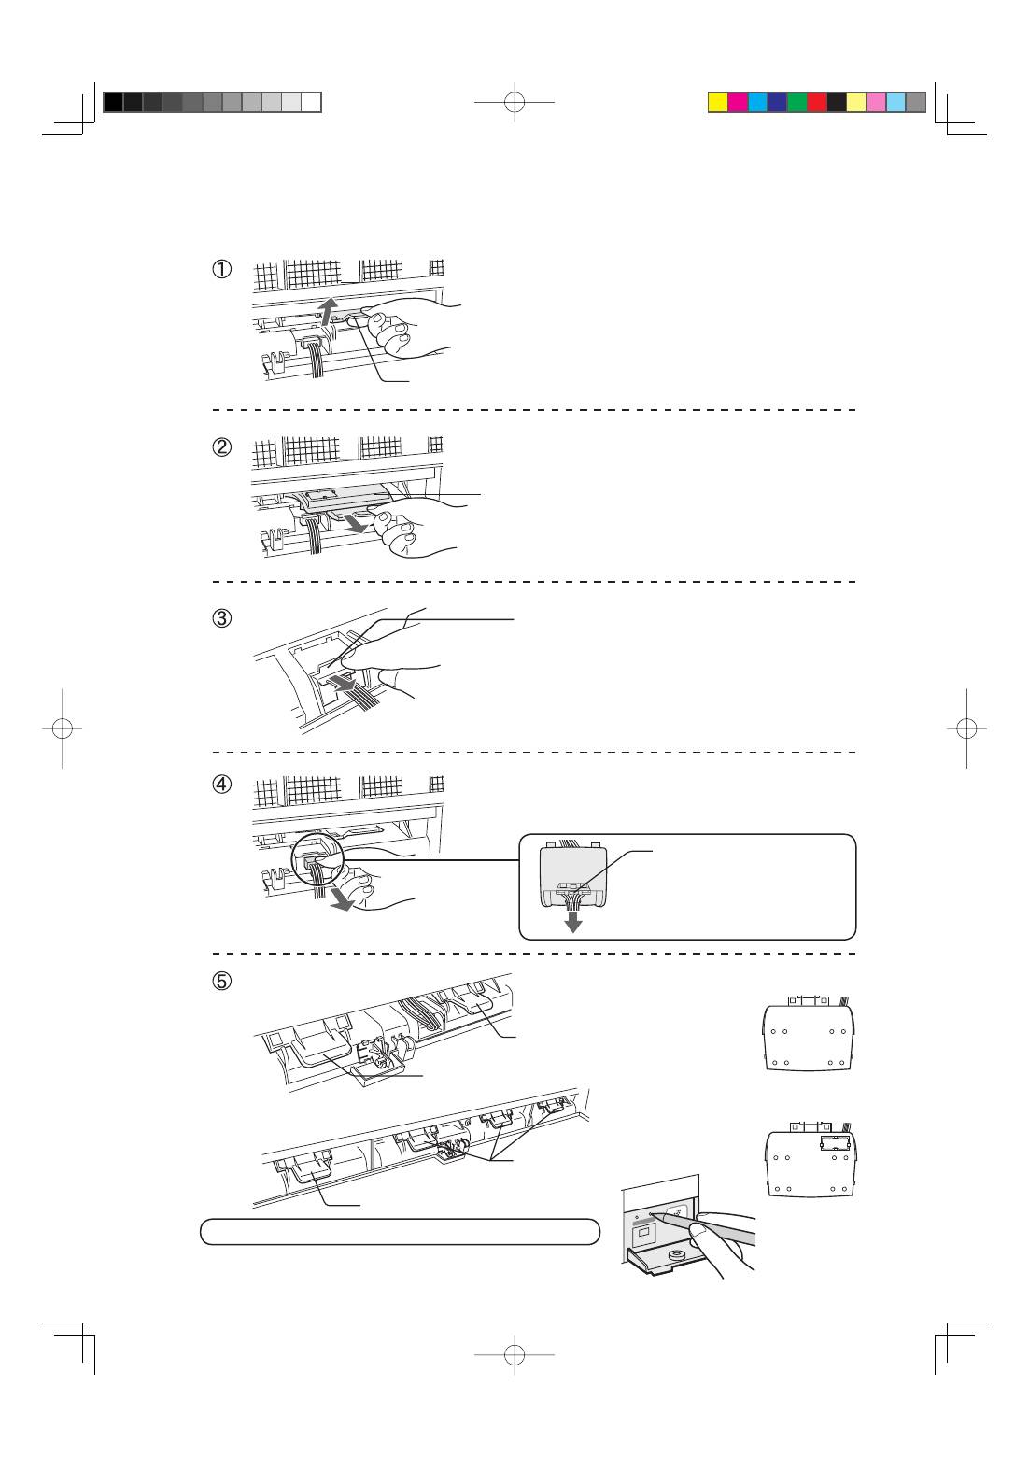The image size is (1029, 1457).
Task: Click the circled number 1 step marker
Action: [x=222, y=269]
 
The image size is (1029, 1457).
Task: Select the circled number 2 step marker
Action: [x=222, y=446]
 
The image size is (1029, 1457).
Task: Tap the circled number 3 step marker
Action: [x=222, y=618]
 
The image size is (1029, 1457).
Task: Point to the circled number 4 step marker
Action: [x=222, y=785]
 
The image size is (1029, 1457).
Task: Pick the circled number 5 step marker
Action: [x=222, y=981]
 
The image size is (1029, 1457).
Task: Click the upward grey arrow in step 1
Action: [x=330, y=312]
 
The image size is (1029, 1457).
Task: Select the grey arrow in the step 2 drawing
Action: [x=356, y=522]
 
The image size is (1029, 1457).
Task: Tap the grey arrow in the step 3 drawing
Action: [x=341, y=683]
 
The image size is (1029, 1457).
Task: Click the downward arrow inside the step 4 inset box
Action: [x=573, y=922]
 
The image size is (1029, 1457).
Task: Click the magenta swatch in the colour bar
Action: [x=738, y=103]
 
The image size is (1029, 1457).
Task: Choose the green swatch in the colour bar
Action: [x=796, y=103]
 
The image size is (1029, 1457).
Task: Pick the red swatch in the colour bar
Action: [x=817, y=103]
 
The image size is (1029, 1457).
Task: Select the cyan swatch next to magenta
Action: [x=758, y=103]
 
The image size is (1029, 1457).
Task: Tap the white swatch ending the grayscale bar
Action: [x=311, y=103]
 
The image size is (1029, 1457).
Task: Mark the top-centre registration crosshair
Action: [x=514, y=102]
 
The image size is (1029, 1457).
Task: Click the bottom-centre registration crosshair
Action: [x=514, y=1355]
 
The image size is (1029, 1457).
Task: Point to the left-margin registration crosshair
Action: [x=63, y=728]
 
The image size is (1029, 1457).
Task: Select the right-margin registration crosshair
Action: [x=966, y=728]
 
